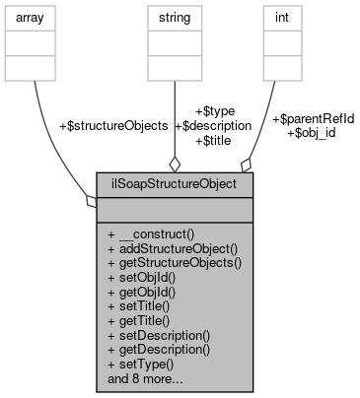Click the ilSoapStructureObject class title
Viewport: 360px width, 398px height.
(174, 183)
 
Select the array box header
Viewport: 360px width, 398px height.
(35, 16)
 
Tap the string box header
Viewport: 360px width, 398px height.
(174, 16)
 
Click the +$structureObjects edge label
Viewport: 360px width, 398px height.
(113, 126)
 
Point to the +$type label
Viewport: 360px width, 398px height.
(216, 112)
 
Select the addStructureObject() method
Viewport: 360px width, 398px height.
(174, 250)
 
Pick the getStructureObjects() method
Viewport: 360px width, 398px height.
(175, 264)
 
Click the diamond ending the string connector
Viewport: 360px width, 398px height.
(174, 163)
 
